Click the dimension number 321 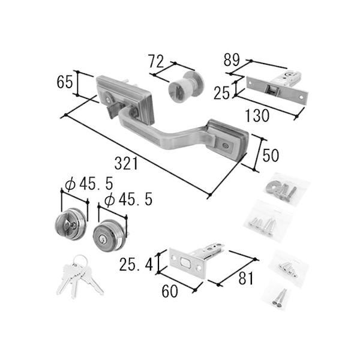126,163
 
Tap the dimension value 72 156,61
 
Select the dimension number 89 232,60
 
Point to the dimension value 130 257,115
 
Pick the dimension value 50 271,155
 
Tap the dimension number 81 245,278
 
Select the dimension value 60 170,291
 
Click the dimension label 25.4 136,264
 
